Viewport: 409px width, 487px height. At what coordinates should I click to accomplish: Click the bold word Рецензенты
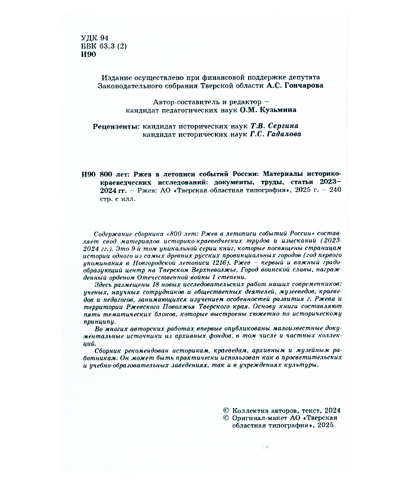pyautogui.click(x=117, y=126)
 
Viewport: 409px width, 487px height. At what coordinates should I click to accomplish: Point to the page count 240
pyautogui.click(x=335, y=191)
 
